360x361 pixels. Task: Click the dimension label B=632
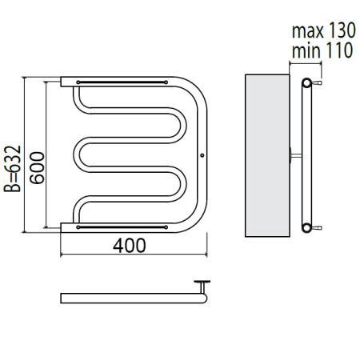pyautogui.click(x=12, y=169)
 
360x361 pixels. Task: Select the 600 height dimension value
pyautogui.click(x=37, y=167)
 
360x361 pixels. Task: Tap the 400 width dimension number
pyautogui.click(x=130, y=246)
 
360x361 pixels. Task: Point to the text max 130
pyautogui.click(x=324, y=30)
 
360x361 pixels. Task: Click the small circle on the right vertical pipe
pyautogui.click(x=202, y=155)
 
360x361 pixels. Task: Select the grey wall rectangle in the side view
pyautogui.click(x=267, y=155)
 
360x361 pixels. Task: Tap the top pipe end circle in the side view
pyautogui.click(x=306, y=82)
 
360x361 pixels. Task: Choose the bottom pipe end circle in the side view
pyautogui.click(x=306, y=227)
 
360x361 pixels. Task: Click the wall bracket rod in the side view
pyautogui.click(x=296, y=155)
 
